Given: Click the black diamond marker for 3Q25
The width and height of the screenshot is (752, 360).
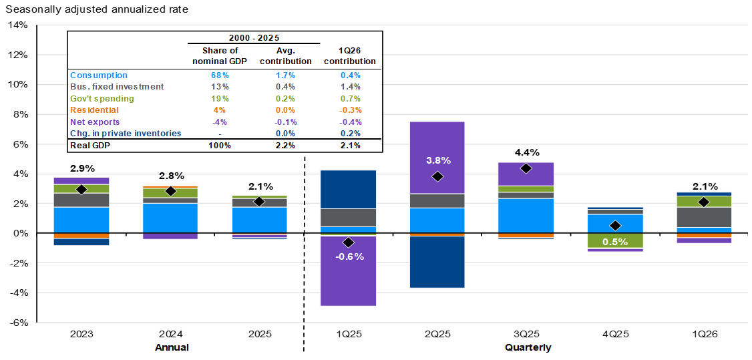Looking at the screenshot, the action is pos(526,168).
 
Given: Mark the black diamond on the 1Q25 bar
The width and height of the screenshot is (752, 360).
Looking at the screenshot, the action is pos(349,242).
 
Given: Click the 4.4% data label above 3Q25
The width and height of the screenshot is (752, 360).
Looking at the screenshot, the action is pos(527,153).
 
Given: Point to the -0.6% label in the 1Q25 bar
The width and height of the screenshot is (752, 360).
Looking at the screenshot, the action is pos(350,256).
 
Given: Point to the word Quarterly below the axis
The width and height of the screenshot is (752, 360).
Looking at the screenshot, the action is pos(528,347).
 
